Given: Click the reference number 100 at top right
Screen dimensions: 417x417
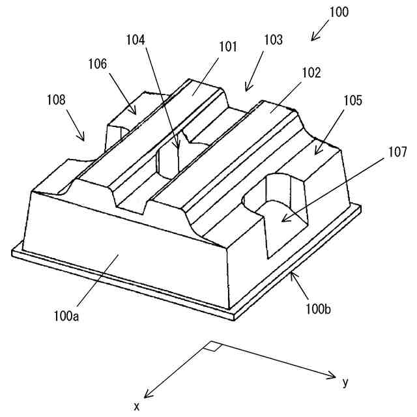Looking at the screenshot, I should [x=339, y=12].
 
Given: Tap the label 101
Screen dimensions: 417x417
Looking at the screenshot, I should [x=227, y=47].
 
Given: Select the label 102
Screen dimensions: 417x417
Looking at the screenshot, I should [x=311, y=73].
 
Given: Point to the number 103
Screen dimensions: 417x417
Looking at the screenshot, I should [x=273, y=40].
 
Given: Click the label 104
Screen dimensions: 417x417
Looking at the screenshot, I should [x=136, y=40].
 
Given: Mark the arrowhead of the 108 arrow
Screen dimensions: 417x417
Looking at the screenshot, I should [x=83, y=139].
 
